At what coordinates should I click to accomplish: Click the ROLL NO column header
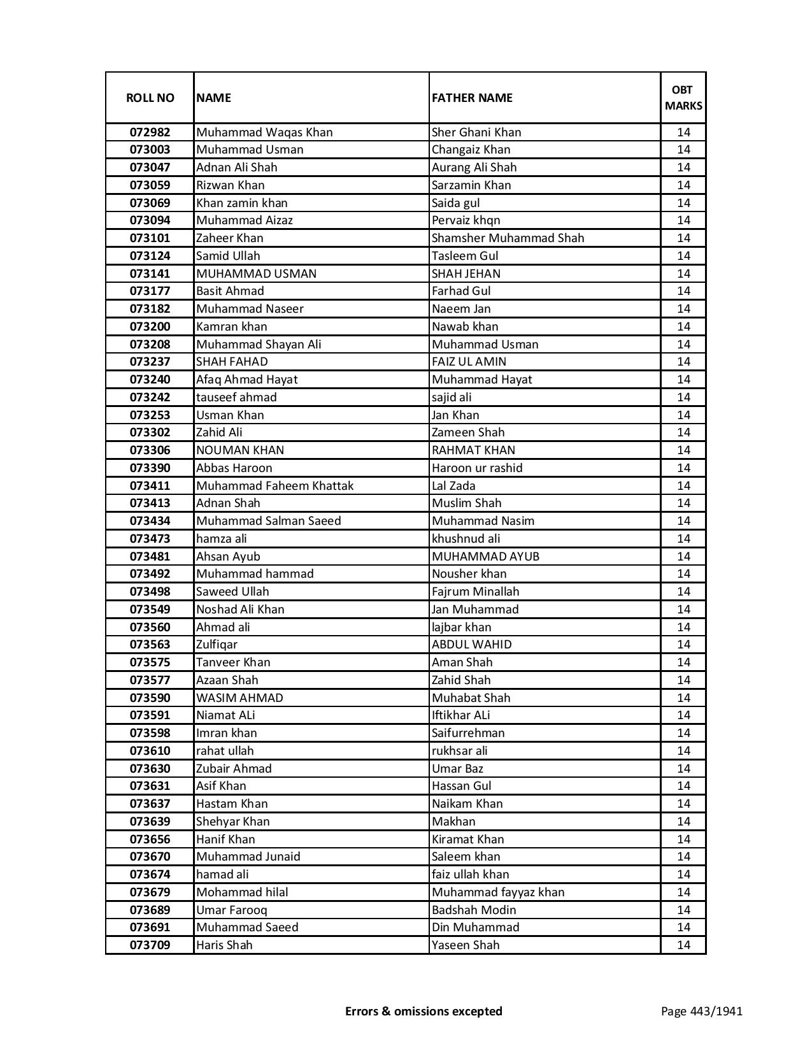150,98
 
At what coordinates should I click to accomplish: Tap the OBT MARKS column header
683,97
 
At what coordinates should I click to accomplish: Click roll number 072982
150,132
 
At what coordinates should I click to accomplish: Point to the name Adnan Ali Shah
237,168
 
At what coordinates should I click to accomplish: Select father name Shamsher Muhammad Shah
508,238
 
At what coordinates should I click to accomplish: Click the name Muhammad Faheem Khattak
274,486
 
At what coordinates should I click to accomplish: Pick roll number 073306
150,450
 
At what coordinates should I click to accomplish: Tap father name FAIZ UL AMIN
469,362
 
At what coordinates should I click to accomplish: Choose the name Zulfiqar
217,645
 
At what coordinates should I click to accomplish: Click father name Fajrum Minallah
475,592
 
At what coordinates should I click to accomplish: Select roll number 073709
150,945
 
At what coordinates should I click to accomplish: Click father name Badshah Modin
474,910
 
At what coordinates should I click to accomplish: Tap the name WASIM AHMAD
239,698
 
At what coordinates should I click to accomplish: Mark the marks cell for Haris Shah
683,945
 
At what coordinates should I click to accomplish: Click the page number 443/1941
701,1012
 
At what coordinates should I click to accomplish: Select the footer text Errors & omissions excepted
424,1012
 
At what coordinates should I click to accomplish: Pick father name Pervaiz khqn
466,220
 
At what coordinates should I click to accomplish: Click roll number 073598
150,733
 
